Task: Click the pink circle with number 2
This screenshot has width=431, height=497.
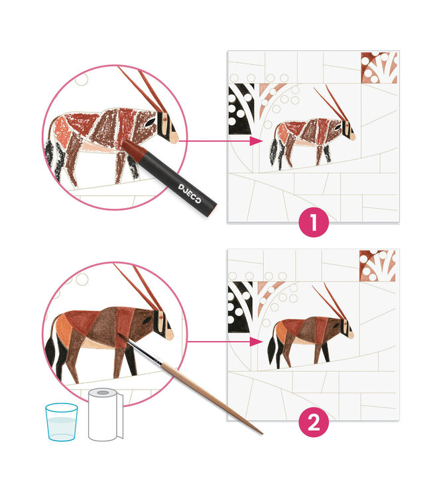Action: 314,422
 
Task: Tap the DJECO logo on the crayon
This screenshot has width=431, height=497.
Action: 190,193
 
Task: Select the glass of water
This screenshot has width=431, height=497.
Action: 62,422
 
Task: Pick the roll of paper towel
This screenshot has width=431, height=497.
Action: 105,415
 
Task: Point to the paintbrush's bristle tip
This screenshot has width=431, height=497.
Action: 119,335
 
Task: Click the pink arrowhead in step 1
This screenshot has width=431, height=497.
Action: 256,141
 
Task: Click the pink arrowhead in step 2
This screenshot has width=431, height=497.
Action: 256,342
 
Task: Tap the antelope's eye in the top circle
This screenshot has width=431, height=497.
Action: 149,123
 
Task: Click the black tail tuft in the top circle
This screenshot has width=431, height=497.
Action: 50,154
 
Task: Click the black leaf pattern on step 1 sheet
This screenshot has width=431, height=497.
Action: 241,109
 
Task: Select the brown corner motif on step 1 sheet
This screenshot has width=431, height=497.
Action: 379,68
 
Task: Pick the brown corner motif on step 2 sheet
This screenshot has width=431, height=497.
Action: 377,266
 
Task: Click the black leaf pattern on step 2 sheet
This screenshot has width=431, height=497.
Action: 241,307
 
